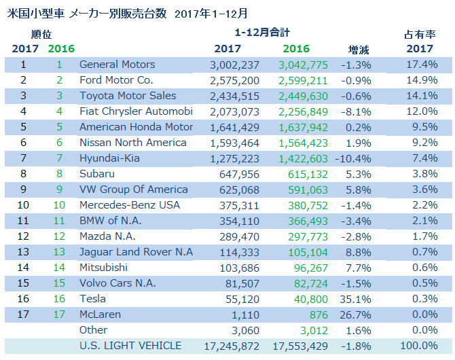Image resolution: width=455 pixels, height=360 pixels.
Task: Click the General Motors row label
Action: click(x=117, y=65)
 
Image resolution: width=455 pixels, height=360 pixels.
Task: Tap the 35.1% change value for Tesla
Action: click(x=357, y=299)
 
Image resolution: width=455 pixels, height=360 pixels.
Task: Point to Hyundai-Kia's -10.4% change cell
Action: click(x=354, y=158)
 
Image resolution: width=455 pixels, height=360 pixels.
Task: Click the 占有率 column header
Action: click(x=419, y=34)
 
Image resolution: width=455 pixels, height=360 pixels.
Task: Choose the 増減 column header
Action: click(x=359, y=49)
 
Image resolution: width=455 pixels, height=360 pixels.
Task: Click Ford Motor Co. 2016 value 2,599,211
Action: click(x=303, y=80)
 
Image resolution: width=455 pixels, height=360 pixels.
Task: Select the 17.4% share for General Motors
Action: click(x=421, y=65)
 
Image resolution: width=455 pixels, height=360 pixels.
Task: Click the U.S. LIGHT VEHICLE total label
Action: click(x=130, y=346)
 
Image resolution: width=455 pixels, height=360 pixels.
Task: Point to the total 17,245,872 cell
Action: click(x=232, y=346)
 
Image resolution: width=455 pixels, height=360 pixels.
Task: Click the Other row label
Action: click(x=94, y=330)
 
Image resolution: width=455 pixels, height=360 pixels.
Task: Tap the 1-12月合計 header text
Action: click(x=262, y=32)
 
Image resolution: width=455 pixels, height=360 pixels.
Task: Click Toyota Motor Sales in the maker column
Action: click(x=128, y=96)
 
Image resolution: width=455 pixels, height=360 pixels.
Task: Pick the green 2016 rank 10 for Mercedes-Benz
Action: click(x=58, y=205)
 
